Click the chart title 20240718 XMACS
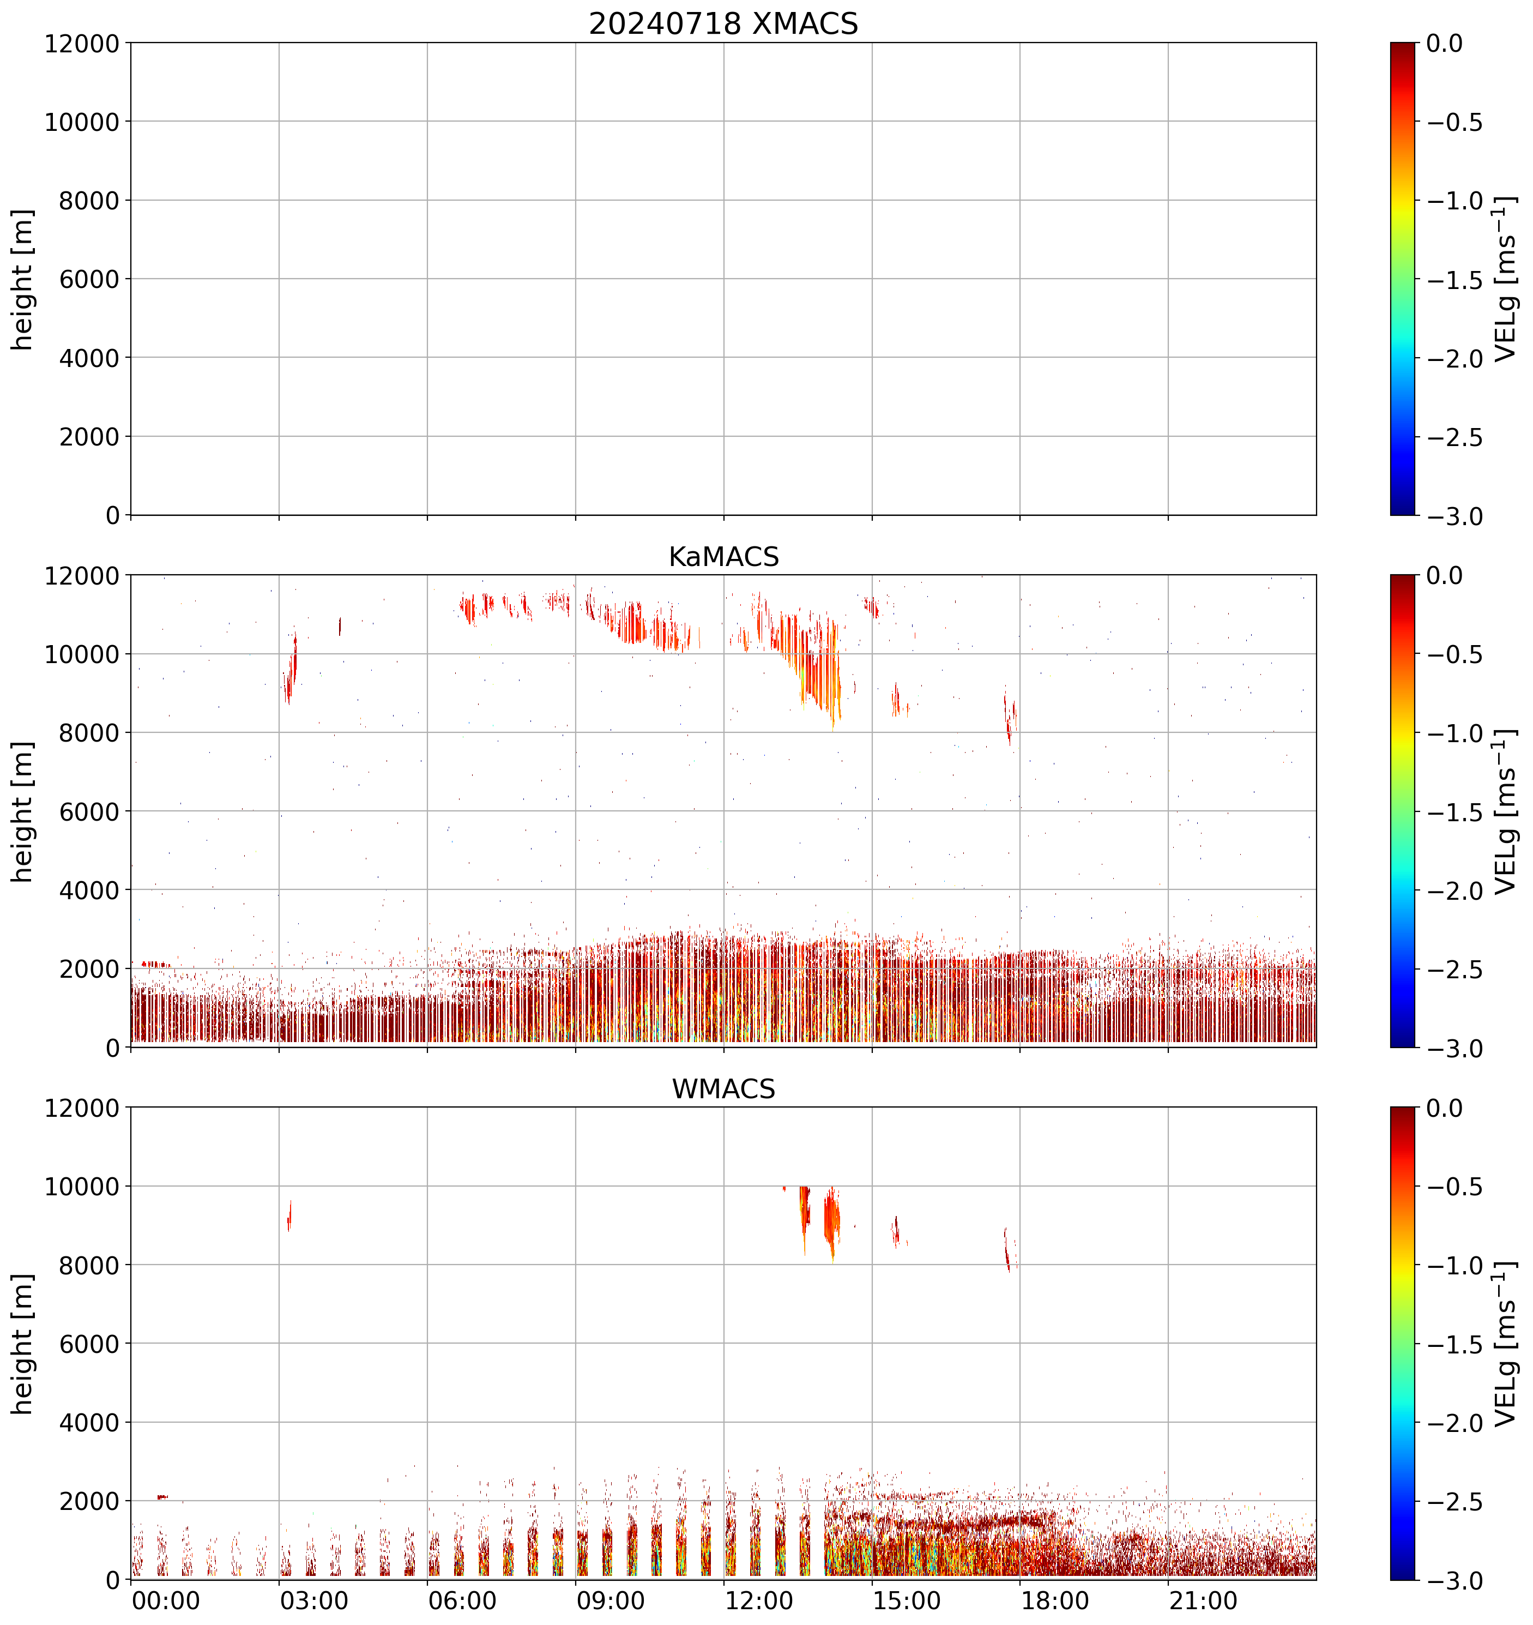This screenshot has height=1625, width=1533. coord(723,23)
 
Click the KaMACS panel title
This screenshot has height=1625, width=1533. coord(723,557)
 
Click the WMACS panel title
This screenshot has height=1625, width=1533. coord(723,1089)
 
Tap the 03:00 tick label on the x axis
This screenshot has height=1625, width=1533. coord(314,1600)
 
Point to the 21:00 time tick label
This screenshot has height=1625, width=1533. coord(1203,1600)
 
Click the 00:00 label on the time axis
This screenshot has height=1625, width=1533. coord(166,1600)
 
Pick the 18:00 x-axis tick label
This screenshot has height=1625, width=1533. coord(1055,1600)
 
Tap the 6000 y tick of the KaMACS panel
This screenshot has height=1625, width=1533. coord(89,812)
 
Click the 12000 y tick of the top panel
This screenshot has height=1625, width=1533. coord(82,43)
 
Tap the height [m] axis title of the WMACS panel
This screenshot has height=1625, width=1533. coord(23,1343)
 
